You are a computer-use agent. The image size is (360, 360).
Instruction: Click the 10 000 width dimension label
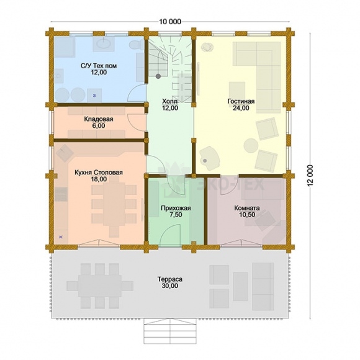tap(170, 22)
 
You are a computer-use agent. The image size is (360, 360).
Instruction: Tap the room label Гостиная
tap(241, 101)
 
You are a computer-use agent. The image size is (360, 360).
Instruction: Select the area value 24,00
tap(241, 108)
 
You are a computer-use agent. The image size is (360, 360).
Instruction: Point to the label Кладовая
tap(99, 119)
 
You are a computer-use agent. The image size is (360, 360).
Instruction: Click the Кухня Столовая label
tap(99, 173)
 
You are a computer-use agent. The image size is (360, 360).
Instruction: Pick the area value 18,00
tap(99, 179)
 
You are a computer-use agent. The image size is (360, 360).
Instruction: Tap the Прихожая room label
tap(176, 208)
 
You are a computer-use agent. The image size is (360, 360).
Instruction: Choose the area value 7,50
tap(176, 215)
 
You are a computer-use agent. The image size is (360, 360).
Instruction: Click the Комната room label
tap(247, 208)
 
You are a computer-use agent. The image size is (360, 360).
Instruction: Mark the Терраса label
tap(170, 279)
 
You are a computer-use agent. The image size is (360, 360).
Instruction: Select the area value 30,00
tap(170, 286)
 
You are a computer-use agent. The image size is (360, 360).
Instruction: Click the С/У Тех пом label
tap(99, 66)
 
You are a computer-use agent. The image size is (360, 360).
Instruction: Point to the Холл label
tap(170, 101)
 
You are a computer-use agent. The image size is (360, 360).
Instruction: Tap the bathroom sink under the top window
tap(104, 43)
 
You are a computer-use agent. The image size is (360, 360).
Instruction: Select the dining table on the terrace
tap(100, 286)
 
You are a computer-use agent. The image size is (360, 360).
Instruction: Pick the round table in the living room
tap(251, 146)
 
